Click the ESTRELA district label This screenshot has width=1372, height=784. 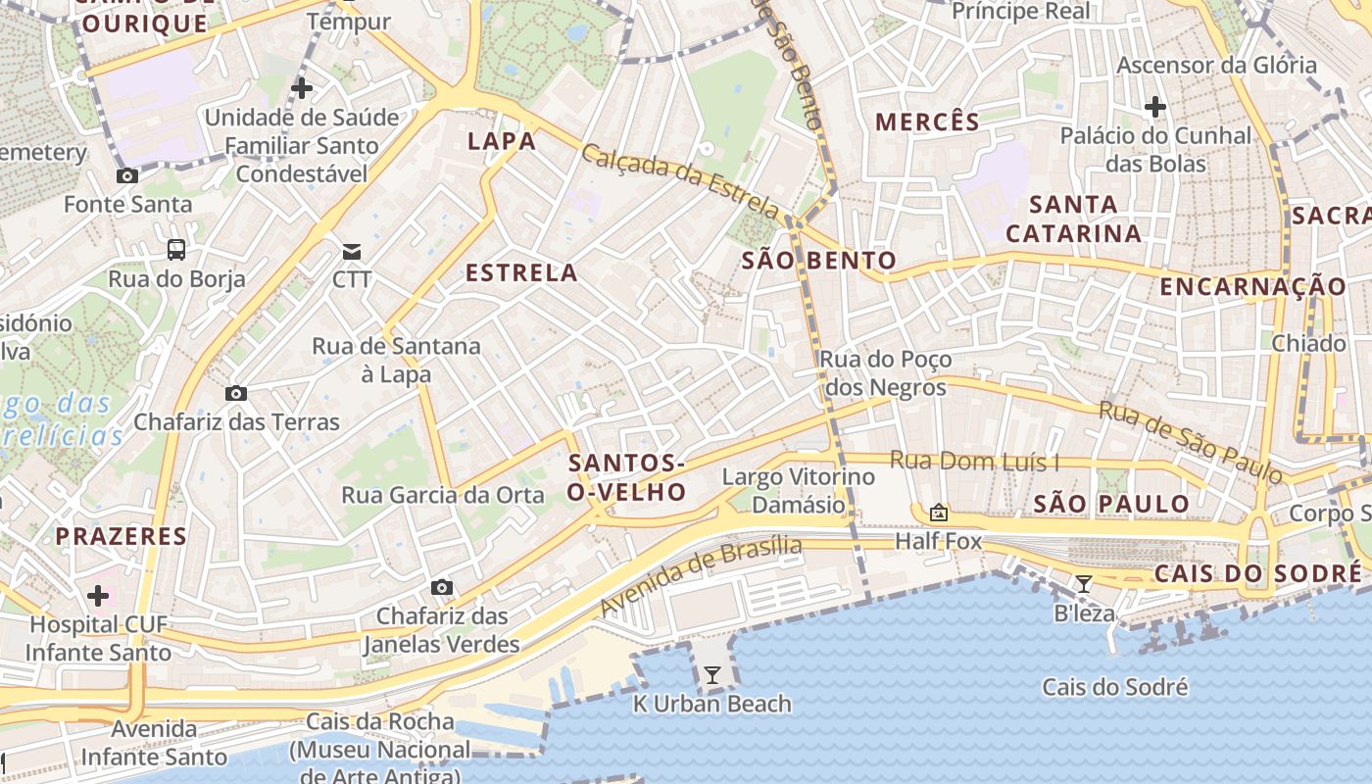(521, 272)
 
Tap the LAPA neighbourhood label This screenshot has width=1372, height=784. (502, 141)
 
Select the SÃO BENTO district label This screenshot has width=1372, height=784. (819, 260)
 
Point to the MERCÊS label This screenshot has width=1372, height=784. (927, 122)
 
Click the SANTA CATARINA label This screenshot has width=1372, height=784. (1074, 219)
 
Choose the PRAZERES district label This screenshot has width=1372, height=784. (121, 536)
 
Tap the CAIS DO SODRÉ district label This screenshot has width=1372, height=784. (1258, 574)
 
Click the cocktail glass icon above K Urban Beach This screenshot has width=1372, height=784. (712, 675)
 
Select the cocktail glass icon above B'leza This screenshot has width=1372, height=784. (1084, 585)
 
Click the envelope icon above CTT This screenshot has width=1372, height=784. (352, 252)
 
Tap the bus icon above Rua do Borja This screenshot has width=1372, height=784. (176, 250)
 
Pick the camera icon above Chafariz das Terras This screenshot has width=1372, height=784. (236, 394)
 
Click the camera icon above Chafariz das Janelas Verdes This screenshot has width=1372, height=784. (442, 588)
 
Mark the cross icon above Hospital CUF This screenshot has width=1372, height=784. (98, 596)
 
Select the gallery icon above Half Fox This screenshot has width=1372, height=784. (939, 513)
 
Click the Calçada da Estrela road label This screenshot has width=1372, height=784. (681, 180)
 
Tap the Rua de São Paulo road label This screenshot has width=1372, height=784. (1190, 442)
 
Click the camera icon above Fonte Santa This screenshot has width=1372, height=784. (127, 176)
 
